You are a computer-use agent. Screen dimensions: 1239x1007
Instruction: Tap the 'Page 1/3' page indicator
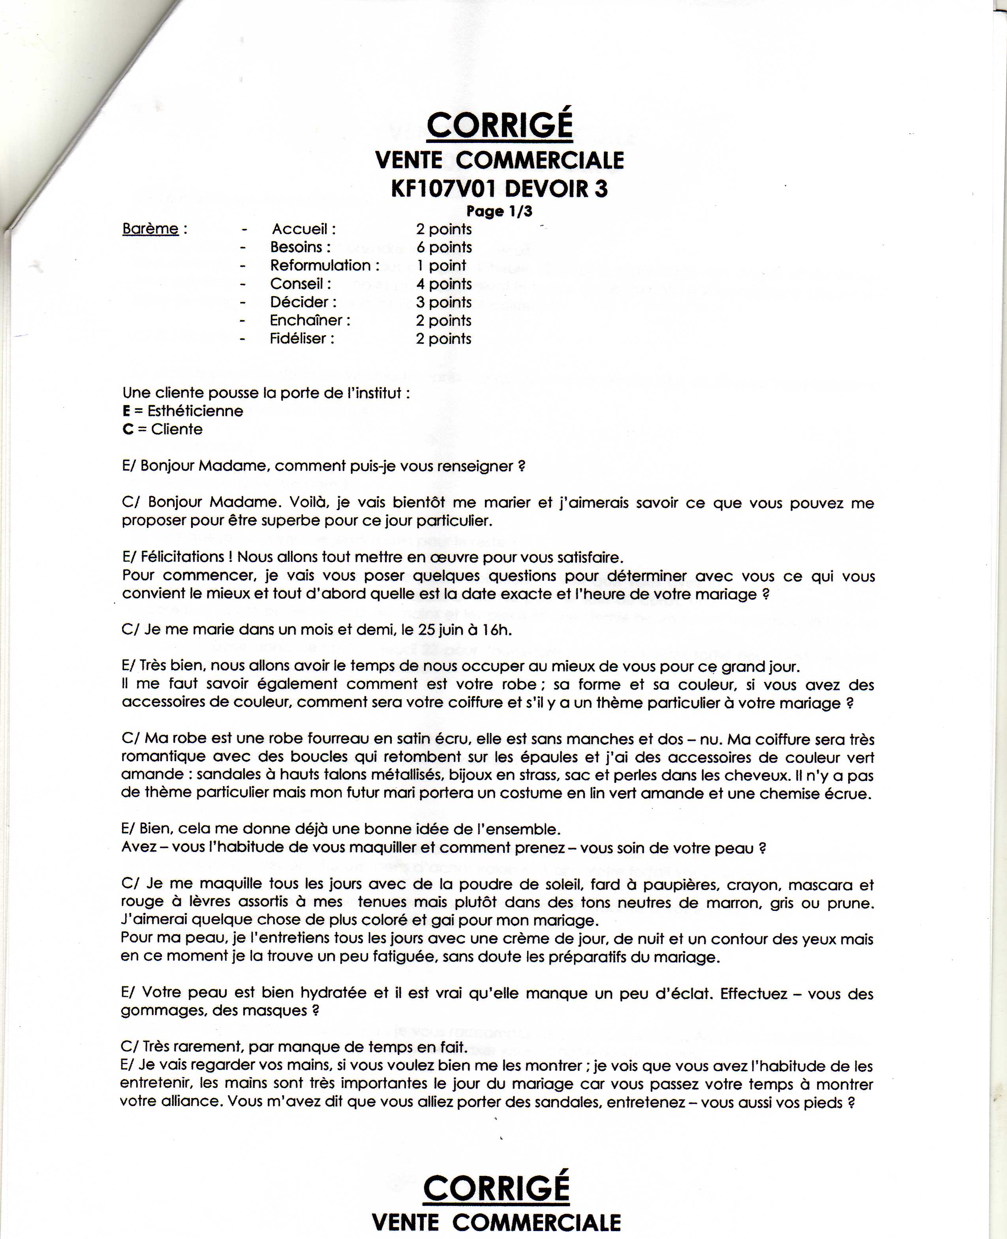499,211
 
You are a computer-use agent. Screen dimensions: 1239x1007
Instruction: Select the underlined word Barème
150,229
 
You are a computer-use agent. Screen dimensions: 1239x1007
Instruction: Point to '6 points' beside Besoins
444,248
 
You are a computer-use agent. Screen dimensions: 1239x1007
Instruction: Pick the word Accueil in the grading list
300,229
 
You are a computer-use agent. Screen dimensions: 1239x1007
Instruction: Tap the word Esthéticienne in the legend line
195,411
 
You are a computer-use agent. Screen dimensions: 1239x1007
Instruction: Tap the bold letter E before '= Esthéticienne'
126,411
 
